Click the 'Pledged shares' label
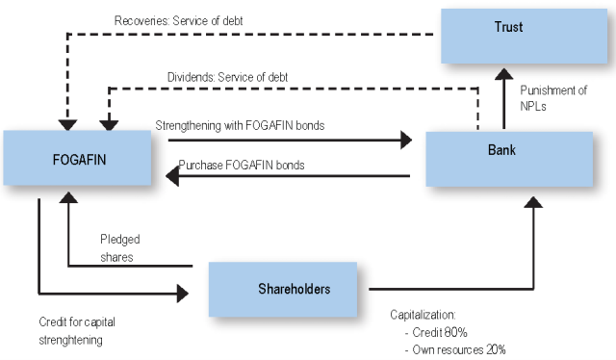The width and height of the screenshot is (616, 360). click(x=121, y=246)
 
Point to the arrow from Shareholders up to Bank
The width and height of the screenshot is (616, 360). click(x=533, y=241)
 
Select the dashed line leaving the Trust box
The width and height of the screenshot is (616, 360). click(x=289, y=35)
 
